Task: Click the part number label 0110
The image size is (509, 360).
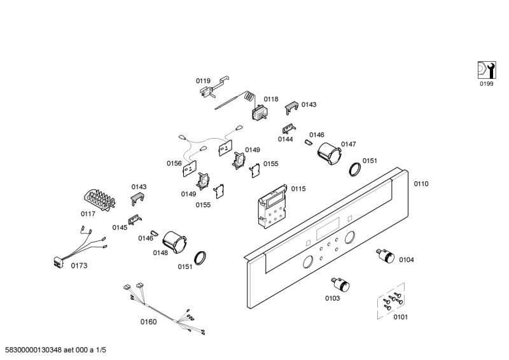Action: [x=421, y=184]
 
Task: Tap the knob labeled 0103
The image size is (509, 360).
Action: [x=337, y=284]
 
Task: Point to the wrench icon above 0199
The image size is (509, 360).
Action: [x=485, y=69]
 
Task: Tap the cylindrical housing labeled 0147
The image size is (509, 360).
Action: [x=328, y=153]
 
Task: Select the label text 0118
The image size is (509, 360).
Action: [x=271, y=99]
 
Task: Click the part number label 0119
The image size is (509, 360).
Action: [x=202, y=81]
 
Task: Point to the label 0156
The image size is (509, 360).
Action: [x=174, y=163]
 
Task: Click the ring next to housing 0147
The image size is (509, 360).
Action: [x=355, y=169]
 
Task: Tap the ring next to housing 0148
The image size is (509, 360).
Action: [x=202, y=258]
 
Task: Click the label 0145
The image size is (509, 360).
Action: [x=120, y=227]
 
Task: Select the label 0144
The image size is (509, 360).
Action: [x=285, y=139]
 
